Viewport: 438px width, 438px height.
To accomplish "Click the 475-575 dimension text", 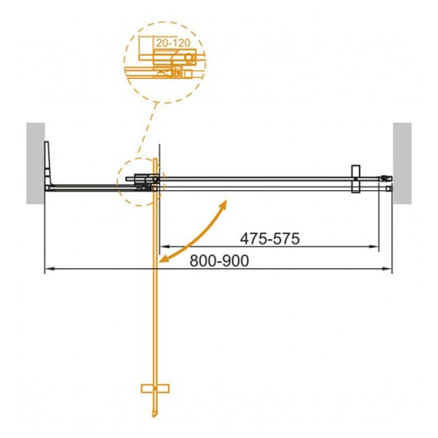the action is pos(270,238).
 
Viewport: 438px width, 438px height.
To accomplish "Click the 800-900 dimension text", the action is pos(219,261).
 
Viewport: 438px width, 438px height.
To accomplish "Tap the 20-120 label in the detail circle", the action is pos(173,43).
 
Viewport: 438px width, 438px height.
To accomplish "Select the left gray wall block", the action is pos(36,163).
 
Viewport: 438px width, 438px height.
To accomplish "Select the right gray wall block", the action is pos(402,163).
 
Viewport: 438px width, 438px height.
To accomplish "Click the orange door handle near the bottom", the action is pos(155,388).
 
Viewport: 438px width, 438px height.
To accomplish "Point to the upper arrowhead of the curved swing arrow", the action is pos(224,203).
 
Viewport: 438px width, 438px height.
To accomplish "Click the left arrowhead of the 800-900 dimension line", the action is pos(48,269).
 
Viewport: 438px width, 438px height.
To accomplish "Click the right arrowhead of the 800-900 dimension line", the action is pos(387,269).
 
